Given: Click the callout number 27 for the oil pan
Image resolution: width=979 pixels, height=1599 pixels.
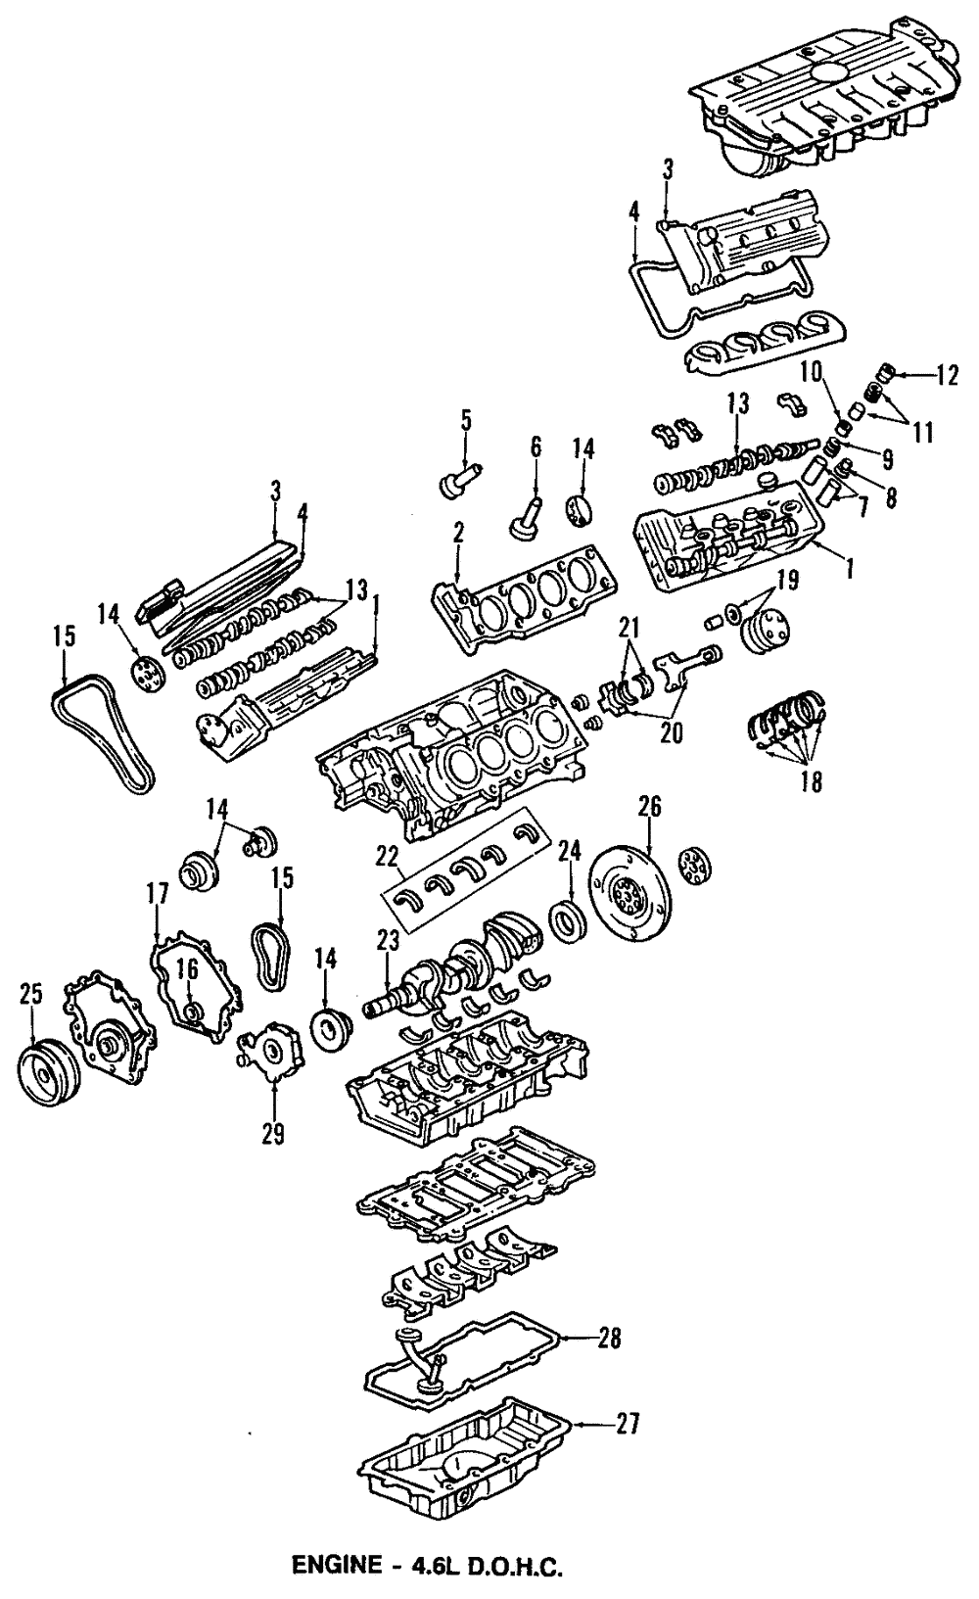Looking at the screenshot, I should click(628, 1423).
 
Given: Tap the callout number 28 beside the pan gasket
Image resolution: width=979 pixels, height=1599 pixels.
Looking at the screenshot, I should click(609, 1337).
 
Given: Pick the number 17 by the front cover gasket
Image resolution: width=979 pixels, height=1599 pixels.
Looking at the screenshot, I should click(158, 893).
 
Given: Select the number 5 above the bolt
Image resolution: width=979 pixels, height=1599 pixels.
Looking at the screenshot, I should click(466, 422).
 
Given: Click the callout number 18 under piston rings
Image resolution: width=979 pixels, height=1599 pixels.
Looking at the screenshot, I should click(810, 781).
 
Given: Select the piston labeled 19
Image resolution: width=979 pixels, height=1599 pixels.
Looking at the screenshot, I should click(769, 631).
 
